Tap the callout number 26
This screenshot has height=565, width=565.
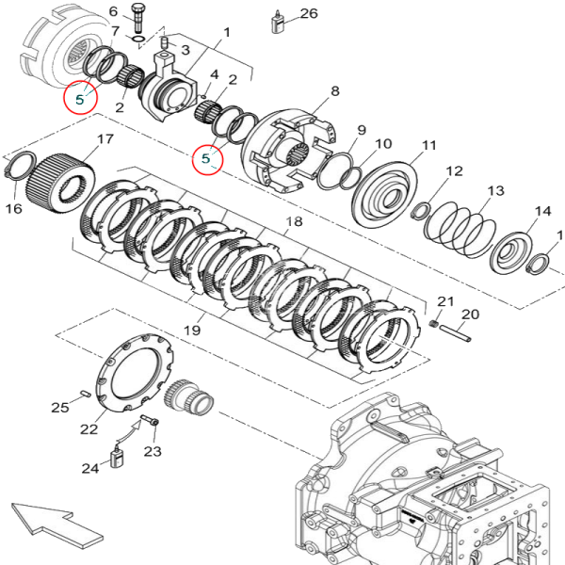[x=309, y=13]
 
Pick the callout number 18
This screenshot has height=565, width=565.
[x=294, y=222]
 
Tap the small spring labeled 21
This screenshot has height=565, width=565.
[x=434, y=324]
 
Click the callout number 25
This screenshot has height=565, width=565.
[x=59, y=407]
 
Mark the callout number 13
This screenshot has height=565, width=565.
[x=495, y=191]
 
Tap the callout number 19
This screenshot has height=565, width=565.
[x=193, y=330]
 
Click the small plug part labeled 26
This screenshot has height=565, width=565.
[x=280, y=22]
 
